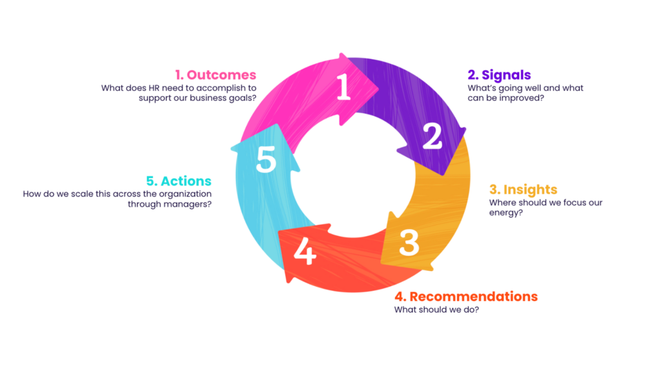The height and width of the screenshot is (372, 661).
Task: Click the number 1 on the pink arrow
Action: pos(343,87)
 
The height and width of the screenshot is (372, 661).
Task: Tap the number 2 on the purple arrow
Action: pos(432,136)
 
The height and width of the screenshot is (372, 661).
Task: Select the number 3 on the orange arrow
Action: pos(409,241)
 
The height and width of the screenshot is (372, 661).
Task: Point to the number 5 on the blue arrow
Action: pos(266,160)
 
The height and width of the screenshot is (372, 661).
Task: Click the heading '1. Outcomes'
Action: pos(216,76)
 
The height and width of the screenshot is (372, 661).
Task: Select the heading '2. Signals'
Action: pos(499,76)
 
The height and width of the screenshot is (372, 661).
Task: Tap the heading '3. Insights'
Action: pos(523,190)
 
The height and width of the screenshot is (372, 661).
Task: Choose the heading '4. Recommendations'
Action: pos(465,296)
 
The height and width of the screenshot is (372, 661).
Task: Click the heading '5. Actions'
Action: pos(179,181)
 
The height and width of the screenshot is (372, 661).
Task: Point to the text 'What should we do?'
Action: pos(436,309)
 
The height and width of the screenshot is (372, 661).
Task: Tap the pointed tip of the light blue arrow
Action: pos(233,150)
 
